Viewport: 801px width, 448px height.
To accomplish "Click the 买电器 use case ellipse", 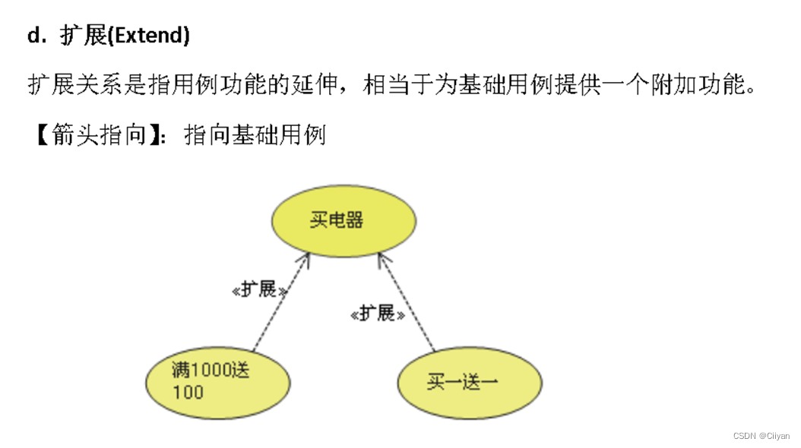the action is click(x=344, y=221).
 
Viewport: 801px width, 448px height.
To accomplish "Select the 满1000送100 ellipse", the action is click(x=218, y=381).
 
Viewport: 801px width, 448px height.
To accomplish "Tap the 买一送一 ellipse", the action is click(x=470, y=381).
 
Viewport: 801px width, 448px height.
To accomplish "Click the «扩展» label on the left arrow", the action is click(x=260, y=291).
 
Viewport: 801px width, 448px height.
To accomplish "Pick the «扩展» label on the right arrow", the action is click(x=378, y=314).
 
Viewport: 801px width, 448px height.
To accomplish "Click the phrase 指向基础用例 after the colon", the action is click(x=255, y=135).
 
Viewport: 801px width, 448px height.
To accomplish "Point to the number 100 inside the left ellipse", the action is click(x=188, y=393).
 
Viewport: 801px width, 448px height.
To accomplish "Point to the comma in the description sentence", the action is click(x=350, y=90).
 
